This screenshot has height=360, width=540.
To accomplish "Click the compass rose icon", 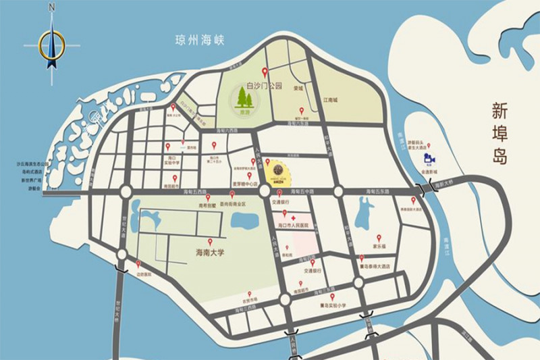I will pos(51,45).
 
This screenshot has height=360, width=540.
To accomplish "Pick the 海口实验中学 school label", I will pos(174,162).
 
